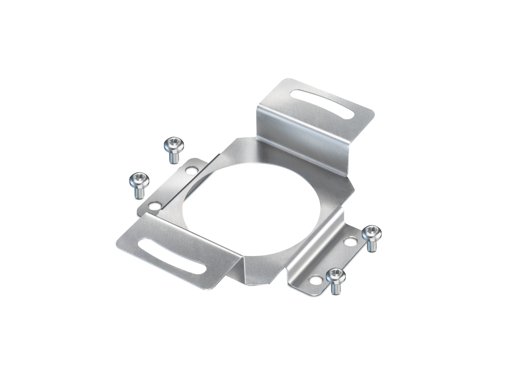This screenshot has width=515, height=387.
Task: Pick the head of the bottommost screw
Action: [x=336, y=276]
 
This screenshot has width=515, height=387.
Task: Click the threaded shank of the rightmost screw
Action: [x=371, y=246]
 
